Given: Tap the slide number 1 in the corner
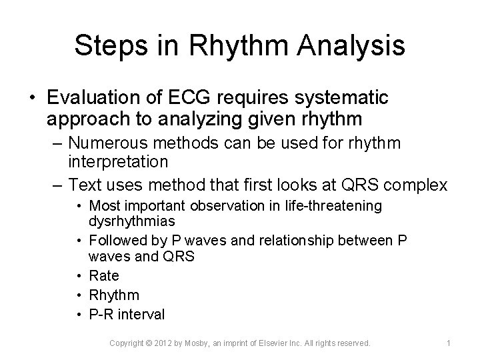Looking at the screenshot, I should (x=449, y=343).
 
